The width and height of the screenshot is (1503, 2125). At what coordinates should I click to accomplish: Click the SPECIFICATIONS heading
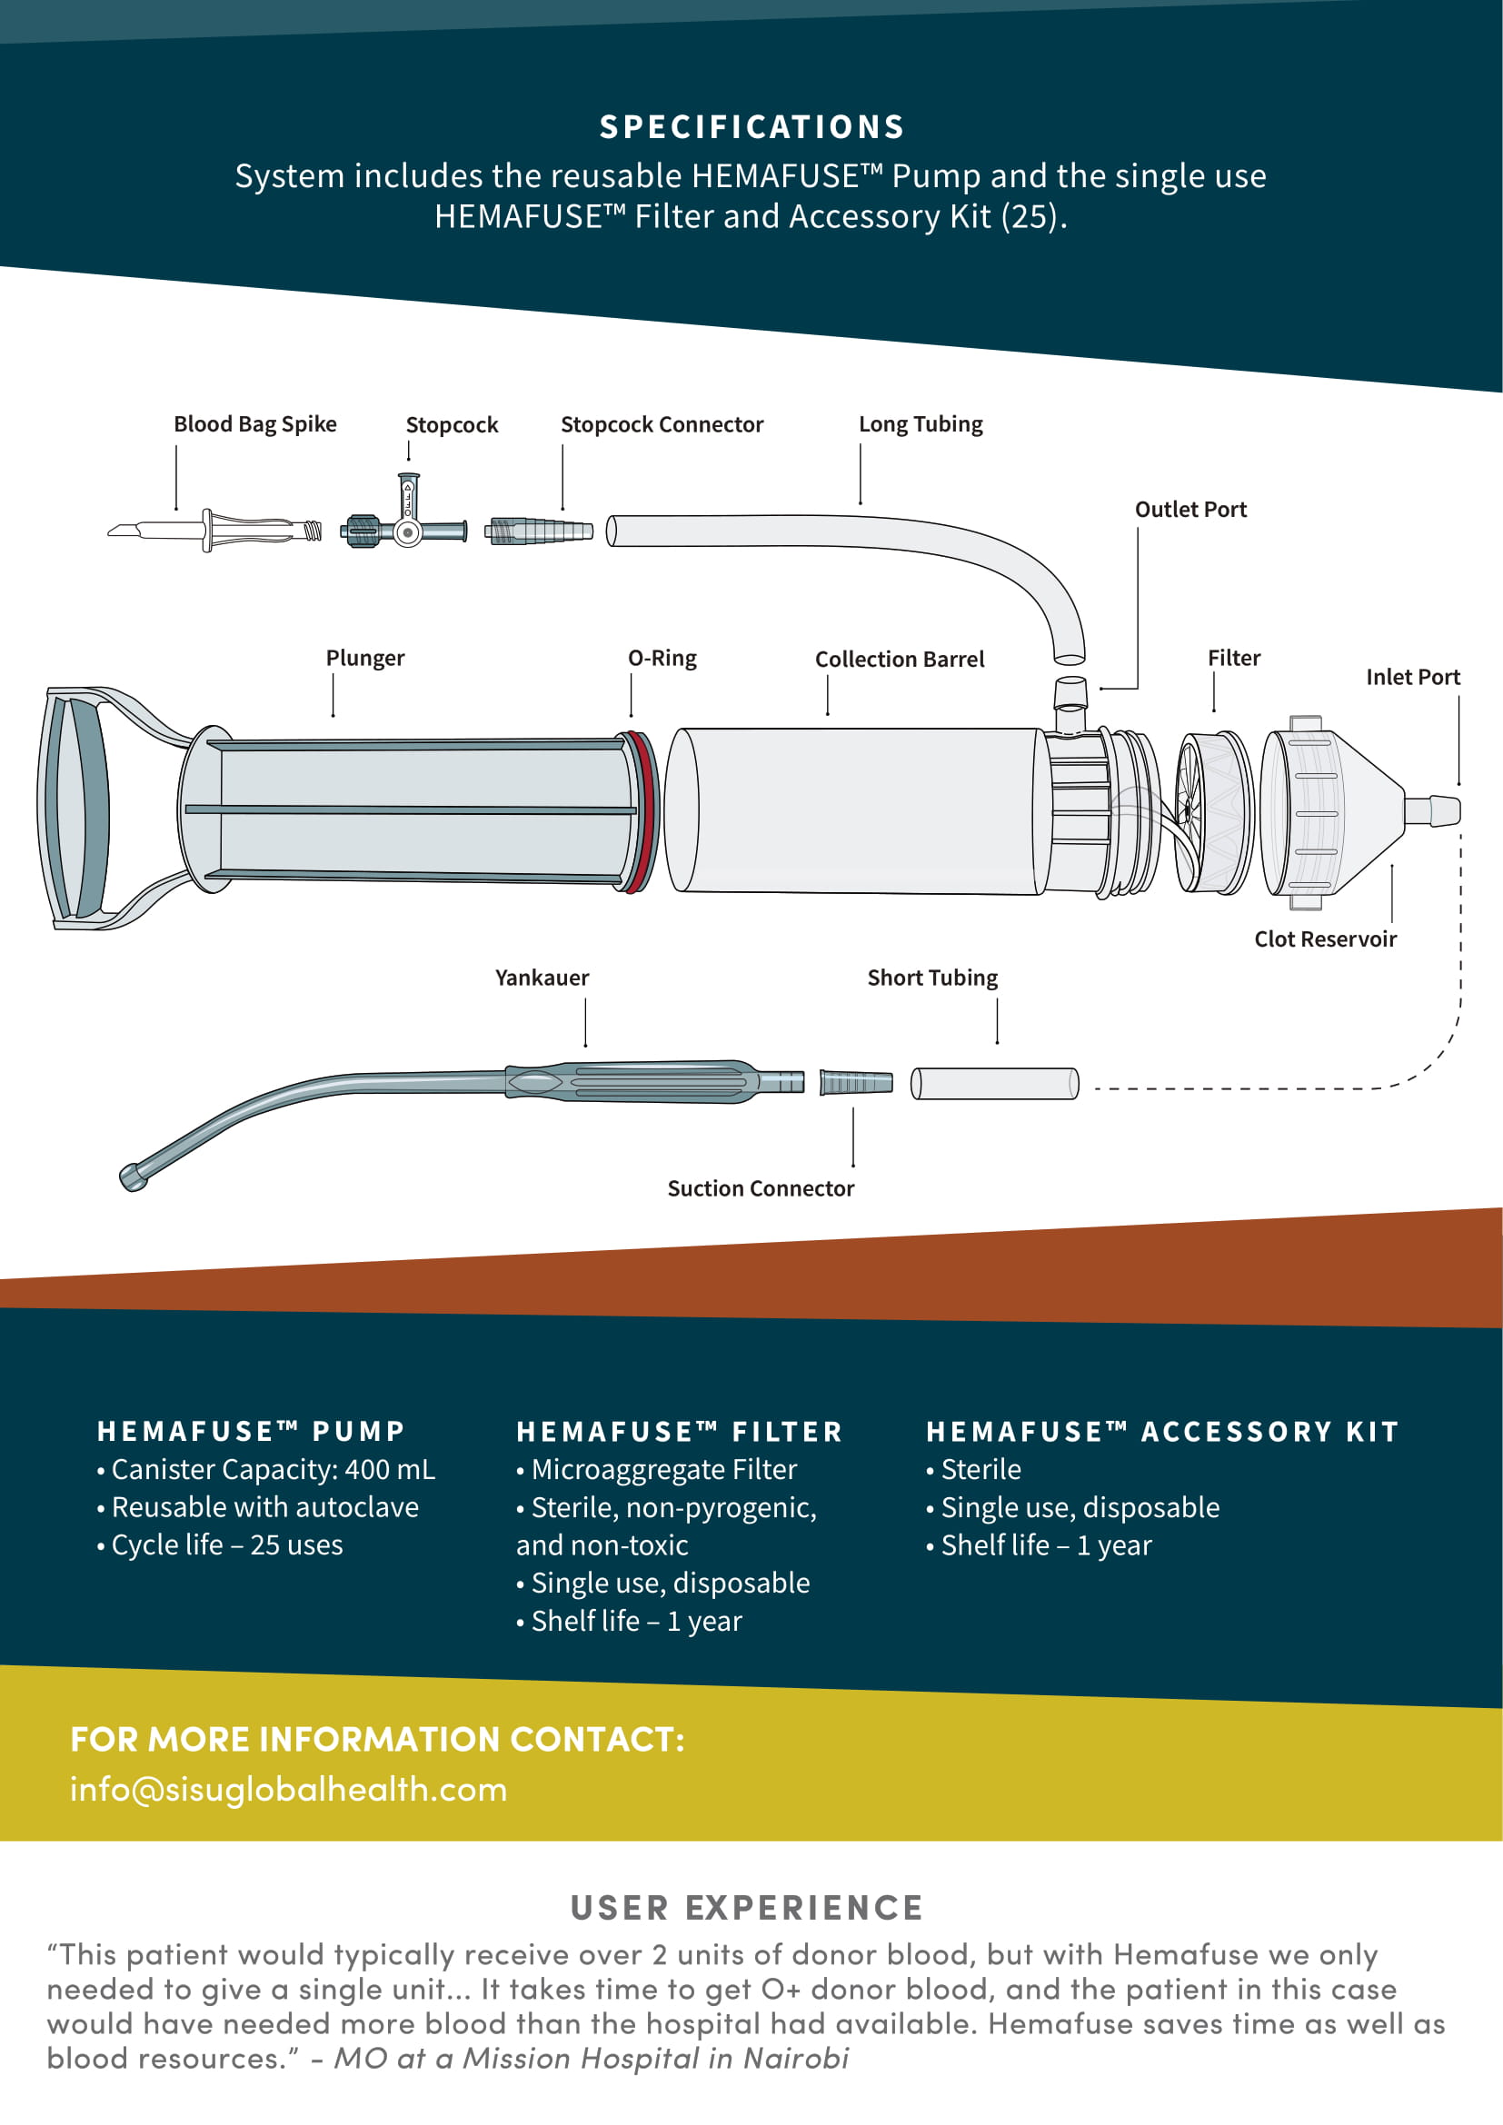click(751, 127)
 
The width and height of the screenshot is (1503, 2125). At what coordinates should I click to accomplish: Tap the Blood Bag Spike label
click(254, 424)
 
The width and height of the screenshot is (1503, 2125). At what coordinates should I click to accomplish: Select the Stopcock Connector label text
click(662, 424)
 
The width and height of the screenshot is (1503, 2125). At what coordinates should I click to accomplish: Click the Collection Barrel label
click(899, 659)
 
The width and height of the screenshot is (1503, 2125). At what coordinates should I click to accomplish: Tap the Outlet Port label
click(1190, 509)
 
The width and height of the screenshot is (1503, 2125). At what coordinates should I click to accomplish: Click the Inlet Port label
click(1412, 677)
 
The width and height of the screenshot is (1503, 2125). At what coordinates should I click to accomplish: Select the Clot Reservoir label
click(1324, 938)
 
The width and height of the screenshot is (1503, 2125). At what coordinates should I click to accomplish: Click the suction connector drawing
click(856, 1082)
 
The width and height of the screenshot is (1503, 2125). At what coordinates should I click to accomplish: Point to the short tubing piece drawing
click(994, 1083)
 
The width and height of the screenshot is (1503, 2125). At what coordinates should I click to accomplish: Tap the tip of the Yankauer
click(133, 1178)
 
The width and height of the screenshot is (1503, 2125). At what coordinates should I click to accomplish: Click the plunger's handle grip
click(74, 807)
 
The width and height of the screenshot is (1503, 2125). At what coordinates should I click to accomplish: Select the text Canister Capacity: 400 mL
click(272, 1469)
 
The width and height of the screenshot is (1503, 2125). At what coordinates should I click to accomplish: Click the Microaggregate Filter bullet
click(662, 1469)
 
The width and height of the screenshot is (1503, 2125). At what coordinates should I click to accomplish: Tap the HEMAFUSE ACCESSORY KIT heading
click(1161, 1431)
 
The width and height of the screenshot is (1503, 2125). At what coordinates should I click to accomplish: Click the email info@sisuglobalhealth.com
click(289, 1789)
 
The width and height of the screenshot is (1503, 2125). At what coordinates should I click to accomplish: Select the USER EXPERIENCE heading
click(746, 1908)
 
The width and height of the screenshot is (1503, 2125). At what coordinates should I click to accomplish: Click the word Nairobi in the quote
click(796, 2058)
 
